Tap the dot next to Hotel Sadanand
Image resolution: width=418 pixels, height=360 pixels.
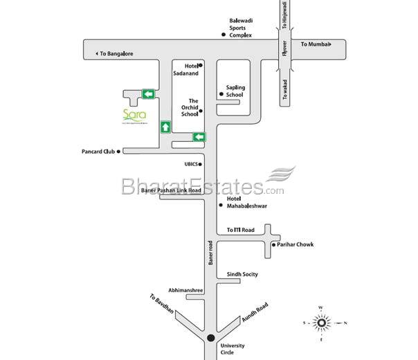click(x=201, y=65)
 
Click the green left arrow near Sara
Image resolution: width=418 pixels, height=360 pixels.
click(x=148, y=93)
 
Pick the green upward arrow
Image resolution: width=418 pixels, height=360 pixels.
click(x=165, y=127)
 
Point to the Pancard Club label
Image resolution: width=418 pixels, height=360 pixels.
click(x=96, y=150)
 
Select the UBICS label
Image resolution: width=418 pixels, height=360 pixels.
click(x=191, y=164)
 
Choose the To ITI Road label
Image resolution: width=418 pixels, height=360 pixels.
click(x=241, y=230)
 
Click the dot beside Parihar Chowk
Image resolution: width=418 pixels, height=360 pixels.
click(x=273, y=245)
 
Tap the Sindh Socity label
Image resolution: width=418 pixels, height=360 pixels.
click(x=242, y=274)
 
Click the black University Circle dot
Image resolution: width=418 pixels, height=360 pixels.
click(x=210, y=338)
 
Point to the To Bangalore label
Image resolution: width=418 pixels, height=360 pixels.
click(x=116, y=53)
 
